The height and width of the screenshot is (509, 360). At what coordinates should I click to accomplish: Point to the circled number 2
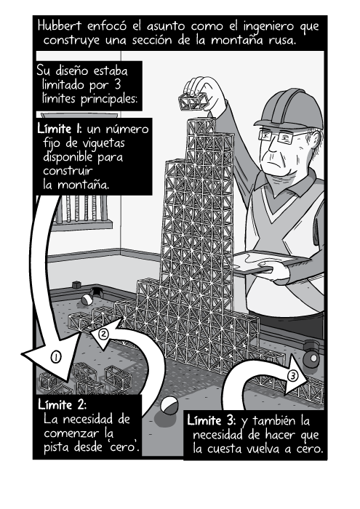coord(104,335)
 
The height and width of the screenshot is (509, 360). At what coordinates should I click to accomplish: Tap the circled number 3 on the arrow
coord(292,376)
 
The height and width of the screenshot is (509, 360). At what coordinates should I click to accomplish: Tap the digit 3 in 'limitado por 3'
coord(132,86)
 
